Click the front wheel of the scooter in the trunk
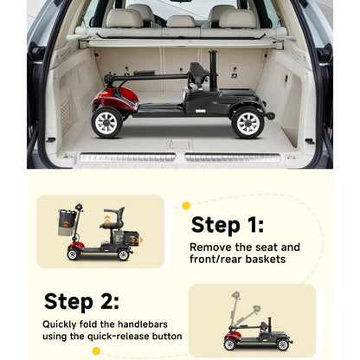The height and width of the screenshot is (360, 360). [x=106, y=122]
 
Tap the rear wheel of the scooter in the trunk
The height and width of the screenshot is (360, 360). [x=247, y=123]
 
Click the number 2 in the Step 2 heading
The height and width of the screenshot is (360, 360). [x=110, y=302]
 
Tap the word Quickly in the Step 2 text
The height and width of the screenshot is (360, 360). [x=59, y=325]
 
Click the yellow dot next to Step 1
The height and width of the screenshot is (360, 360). [x=186, y=206]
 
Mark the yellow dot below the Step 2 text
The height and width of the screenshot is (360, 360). [x=96, y=351]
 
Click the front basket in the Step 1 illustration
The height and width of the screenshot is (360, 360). [x=67, y=222]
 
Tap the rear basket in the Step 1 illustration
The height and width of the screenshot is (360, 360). [x=126, y=238]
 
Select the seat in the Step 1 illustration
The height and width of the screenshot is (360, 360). [x=113, y=218]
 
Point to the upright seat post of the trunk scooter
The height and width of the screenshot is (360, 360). [x=214, y=70]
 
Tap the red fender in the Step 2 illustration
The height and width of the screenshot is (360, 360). [x=232, y=336]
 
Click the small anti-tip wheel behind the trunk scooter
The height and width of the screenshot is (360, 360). [x=270, y=116]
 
